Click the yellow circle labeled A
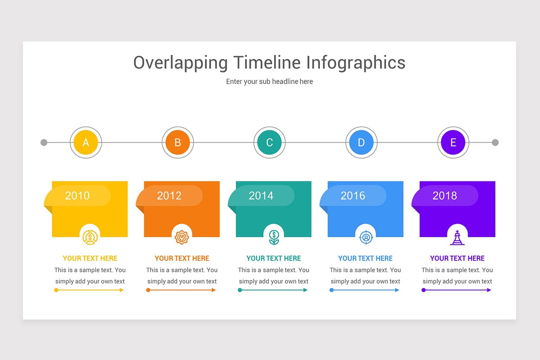coord(86,142)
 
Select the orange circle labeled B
coord(178,142)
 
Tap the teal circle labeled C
coord(270,142)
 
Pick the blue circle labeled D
coord(361,142)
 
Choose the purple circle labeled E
coord(453,142)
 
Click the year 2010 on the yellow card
coord(77,196)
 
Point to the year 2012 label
coord(169,196)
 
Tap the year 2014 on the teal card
coord(261,196)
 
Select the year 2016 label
coord(353,196)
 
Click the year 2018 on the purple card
coord(445,196)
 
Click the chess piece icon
coord(457,238)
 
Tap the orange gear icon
coord(182,238)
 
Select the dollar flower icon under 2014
coord(274,238)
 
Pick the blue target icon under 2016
coord(366,238)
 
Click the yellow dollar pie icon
coord(90,238)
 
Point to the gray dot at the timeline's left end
coord(44,143)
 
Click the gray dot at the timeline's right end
coord(495,143)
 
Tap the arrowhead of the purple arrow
coord(489,290)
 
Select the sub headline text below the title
coord(270,81)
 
